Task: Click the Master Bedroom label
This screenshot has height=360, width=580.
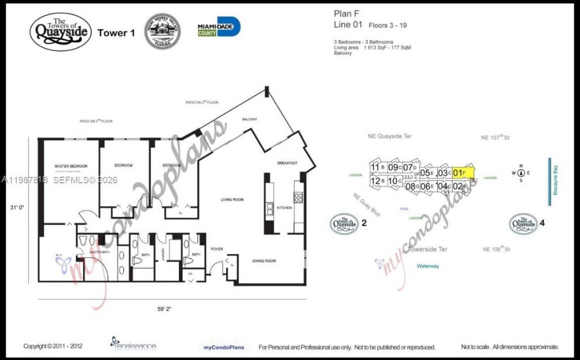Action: point(71,166)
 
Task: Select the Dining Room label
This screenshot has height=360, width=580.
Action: point(263,261)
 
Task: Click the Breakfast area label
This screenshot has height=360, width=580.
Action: point(288,162)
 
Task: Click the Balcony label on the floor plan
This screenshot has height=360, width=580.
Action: point(250,119)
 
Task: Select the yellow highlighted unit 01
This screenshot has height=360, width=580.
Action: point(462,172)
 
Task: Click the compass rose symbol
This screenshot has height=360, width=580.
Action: point(520,173)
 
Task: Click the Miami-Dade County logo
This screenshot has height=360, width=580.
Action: point(219,27)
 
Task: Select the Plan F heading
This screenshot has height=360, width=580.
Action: point(346,14)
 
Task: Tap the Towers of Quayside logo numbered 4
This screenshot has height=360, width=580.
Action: point(523,223)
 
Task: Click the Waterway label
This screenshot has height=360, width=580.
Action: point(428,265)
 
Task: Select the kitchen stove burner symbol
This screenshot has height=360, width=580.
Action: point(298,198)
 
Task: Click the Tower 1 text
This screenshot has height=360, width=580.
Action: point(116,33)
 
